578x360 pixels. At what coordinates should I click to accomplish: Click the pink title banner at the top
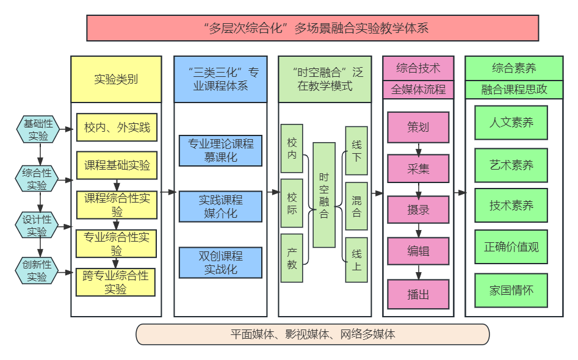(x=312, y=28)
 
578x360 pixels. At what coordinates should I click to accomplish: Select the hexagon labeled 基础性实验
(x=38, y=129)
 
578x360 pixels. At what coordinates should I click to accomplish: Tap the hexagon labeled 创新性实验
(x=38, y=270)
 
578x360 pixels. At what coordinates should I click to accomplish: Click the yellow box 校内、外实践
(x=117, y=128)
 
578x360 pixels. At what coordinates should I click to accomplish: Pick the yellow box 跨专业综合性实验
(x=116, y=282)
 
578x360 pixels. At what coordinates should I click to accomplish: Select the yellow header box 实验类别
(x=116, y=79)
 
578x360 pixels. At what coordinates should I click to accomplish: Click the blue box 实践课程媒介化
(x=220, y=206)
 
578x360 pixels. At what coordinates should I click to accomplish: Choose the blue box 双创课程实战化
(x=220, y=262)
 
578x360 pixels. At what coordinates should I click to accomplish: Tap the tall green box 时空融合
(x=324, y=195)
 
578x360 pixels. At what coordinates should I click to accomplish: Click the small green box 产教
(x=292, y=258)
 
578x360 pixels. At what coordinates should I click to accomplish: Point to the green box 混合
(x=356, y=206)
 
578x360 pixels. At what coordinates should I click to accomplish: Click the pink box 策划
(x=418, y=127)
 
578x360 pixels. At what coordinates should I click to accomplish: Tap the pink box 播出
(x=418, y=294)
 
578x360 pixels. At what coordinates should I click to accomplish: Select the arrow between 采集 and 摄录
(x=419, y=190)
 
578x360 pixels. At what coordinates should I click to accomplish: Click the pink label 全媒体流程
(x=418, y=90)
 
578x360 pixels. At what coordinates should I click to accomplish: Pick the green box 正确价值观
(x=511, y=247)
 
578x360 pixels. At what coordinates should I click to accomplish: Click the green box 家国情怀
(x=511, y=290)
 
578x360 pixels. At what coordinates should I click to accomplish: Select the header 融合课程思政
(x=514, y=90)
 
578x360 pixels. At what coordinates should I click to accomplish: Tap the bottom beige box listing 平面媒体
(x=312, y=334)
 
